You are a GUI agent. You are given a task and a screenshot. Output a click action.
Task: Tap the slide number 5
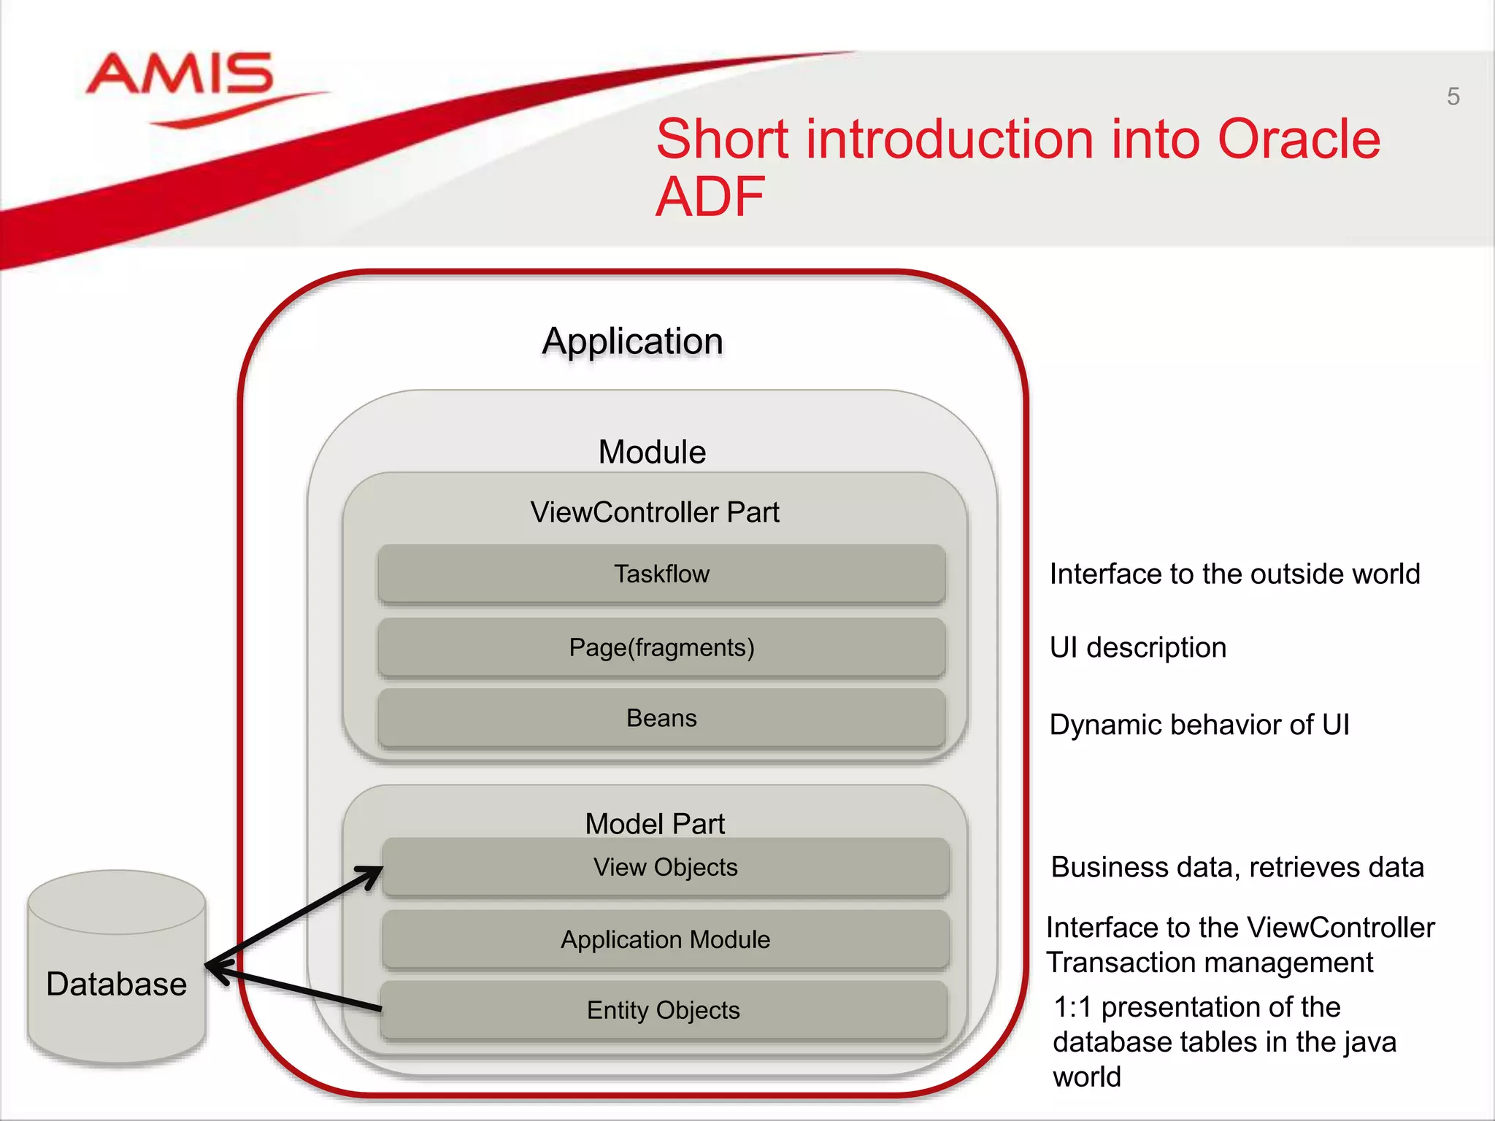point(1453,96)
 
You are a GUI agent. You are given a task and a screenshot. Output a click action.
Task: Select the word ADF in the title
point(710,197)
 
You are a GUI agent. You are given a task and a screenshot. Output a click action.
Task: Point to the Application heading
point(632,341)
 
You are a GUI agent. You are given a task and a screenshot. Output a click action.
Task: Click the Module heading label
point(652,452)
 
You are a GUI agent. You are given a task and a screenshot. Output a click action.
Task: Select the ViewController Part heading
point(655,512)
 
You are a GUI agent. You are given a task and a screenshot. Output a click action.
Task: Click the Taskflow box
point(661,574)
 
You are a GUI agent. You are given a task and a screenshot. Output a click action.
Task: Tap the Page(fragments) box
point(661,647)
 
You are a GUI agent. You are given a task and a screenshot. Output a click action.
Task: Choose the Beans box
point(661,718)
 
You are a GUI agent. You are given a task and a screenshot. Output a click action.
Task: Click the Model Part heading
point(655,824)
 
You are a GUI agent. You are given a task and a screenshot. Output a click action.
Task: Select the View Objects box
point(665,867)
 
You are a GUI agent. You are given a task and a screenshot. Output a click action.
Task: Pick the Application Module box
point(665,939)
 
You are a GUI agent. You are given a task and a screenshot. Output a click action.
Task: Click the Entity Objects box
point(663,1010)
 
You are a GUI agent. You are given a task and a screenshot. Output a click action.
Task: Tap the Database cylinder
point(117,971)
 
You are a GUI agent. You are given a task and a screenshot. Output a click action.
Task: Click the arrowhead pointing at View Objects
point(372,873)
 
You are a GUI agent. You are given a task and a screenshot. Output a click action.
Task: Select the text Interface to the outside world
point(1234,574)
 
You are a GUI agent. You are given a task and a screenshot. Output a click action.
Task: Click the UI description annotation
point(1137,647)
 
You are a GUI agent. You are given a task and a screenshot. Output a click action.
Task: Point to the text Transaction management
point(1210,963)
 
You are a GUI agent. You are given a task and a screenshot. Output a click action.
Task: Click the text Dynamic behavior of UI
point(1199,725)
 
